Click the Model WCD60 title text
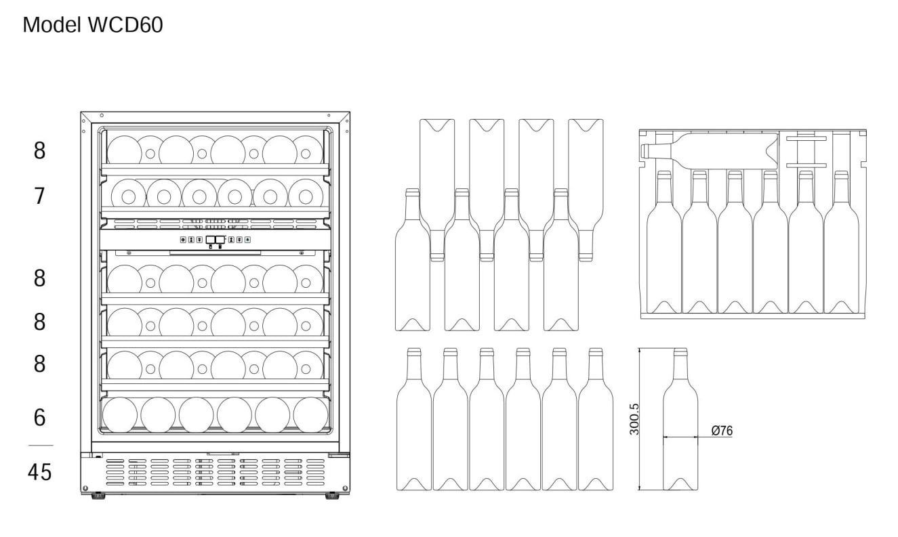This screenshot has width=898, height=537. (93, 25)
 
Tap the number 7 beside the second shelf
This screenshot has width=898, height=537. (39, 196)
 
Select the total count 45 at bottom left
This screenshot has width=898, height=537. (40, 472)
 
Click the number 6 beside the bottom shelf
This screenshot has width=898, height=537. (40, 418)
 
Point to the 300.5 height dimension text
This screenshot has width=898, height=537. (634, 419)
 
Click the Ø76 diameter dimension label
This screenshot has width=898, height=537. (722, 431)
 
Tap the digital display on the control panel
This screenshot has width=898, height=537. (216, 240)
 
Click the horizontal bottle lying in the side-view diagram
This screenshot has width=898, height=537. (709, 152)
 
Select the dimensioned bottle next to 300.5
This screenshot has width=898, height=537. (680, 419)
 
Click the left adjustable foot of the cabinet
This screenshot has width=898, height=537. (99, 496)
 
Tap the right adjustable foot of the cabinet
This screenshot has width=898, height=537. (332, 496)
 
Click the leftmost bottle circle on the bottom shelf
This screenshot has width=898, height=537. (119, 415)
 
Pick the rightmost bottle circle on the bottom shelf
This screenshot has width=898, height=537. (310, 415)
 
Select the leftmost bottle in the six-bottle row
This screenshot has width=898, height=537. (413, 419)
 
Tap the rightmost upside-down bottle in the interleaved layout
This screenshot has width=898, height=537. (586, 190)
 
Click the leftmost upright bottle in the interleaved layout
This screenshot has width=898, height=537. (413, 260)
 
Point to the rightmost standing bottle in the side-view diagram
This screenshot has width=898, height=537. (842, 242)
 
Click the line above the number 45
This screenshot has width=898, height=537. (41, 446)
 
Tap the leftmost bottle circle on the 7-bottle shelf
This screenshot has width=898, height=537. (128, 196)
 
